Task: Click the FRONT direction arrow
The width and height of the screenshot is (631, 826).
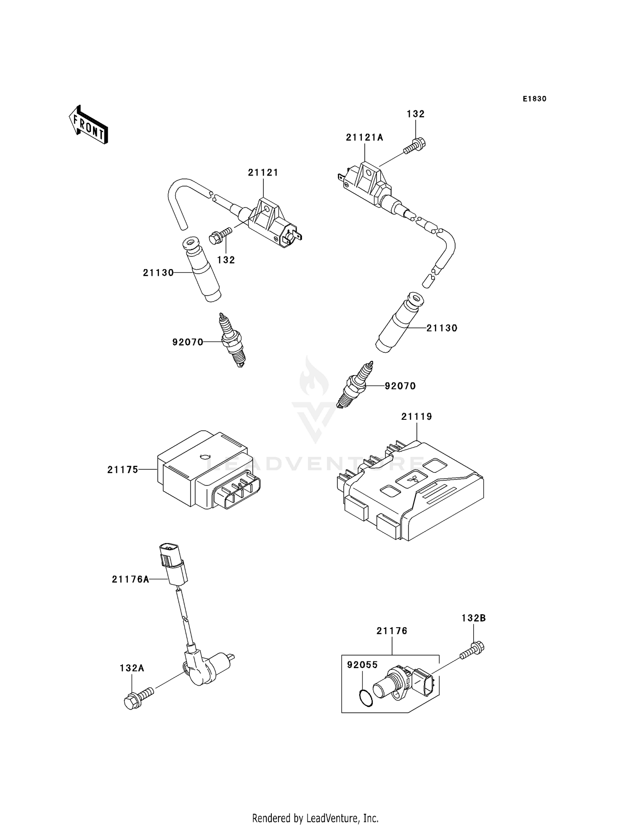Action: tap(88, 125)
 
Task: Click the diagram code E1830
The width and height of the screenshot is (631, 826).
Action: tap(534, 99)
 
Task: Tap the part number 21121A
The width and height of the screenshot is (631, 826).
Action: tap(364, 137)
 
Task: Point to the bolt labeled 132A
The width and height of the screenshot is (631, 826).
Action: tap(138, 697)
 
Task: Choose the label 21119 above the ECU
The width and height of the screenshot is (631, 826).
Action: tap(416, 416)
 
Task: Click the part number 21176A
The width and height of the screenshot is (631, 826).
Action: tap(130, 579)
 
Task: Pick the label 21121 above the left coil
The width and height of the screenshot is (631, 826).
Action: tap(263, 173)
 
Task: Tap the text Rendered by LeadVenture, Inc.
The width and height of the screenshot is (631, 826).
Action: tap(315, 818)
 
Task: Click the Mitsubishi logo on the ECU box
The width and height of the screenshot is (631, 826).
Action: tap(411, 479)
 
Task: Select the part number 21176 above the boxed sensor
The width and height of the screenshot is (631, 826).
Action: tap(392, 631)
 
